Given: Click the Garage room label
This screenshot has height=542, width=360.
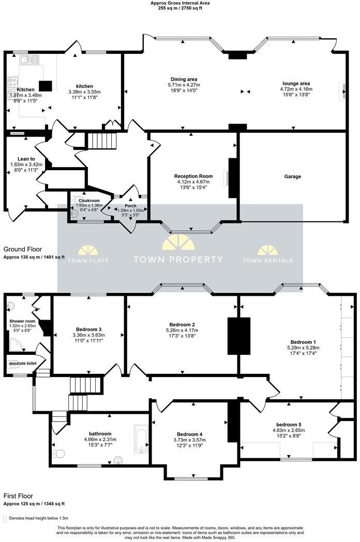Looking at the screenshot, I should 292,176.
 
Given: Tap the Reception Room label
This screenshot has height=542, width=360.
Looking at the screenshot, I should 193,176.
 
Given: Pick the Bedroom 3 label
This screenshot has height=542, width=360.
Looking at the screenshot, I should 88,329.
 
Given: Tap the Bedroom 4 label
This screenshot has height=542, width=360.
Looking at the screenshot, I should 189,434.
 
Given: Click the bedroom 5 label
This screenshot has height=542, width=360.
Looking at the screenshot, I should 287,424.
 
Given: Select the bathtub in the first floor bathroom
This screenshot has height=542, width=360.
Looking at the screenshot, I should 140,440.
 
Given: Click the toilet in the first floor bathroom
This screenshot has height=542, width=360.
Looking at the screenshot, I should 58,454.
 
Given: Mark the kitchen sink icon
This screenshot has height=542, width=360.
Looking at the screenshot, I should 29,60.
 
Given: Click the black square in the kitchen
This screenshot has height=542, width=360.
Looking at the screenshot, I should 47,86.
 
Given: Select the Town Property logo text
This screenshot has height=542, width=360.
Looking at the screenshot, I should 178,260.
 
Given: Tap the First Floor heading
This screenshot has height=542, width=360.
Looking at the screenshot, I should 20,495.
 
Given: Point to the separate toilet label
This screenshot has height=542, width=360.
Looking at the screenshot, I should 22,364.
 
